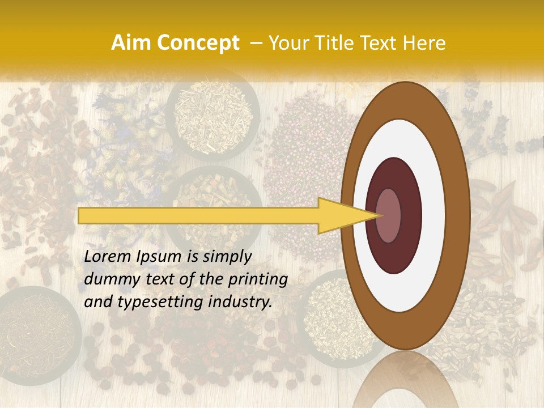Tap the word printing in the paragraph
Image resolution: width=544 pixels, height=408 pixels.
coord(258,279)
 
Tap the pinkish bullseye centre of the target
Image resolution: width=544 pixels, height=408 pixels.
coord(389,216)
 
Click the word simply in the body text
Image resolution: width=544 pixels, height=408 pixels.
coord(226,257)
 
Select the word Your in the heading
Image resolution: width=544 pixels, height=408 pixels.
coord(286,43)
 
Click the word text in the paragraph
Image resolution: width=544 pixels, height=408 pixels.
coord(162,279)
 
